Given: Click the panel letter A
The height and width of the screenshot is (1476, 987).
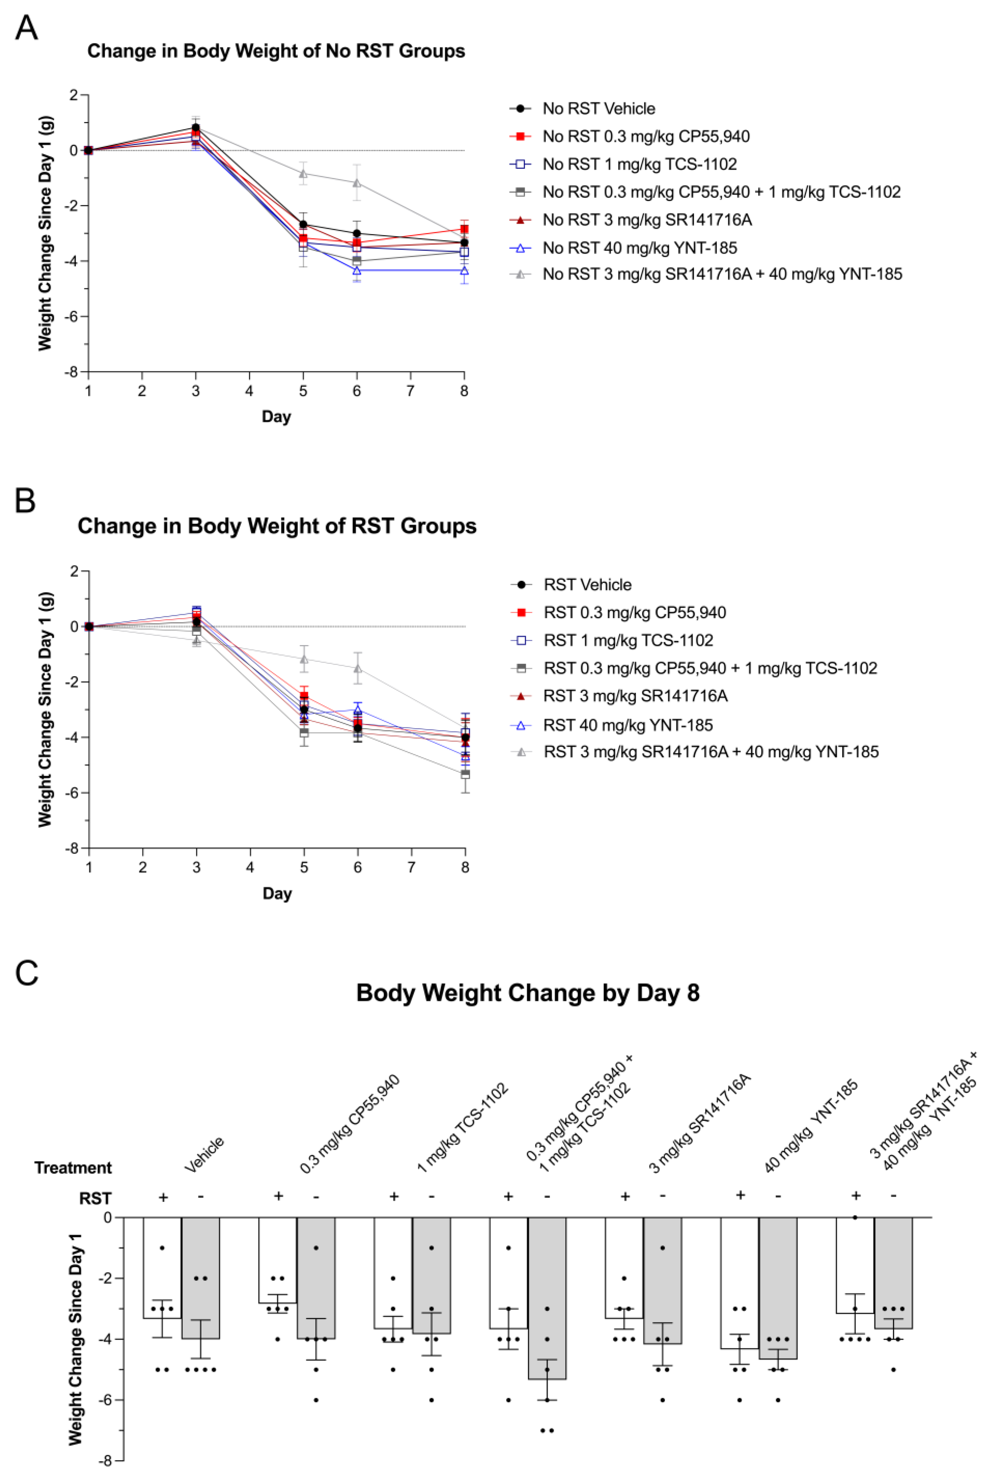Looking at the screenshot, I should click(26, 28).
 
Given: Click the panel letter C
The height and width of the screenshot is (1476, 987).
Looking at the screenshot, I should click(26, 973).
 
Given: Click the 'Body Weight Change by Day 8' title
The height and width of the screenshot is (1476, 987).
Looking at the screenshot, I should click(527, 993).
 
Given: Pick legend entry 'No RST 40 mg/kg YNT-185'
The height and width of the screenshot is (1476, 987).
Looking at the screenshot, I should click(640, 248).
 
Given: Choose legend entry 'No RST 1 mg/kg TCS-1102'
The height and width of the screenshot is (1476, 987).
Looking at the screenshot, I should click(640, 164).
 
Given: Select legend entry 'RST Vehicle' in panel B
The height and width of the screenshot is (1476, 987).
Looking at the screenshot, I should click(587, 585).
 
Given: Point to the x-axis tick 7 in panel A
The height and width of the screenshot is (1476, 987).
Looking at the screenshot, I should click(411, 391).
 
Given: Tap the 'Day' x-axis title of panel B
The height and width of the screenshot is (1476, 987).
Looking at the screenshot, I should click(277, 893).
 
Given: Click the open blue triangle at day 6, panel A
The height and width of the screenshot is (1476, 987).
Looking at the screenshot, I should click(357, 271).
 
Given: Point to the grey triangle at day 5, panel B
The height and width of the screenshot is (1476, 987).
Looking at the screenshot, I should click(304, 659).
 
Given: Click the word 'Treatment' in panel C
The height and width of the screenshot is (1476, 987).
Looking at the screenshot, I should click(73, 1168).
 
